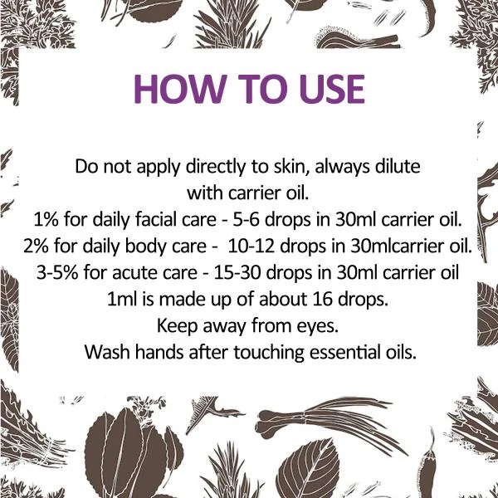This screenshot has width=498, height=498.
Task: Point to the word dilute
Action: point(396,166)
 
